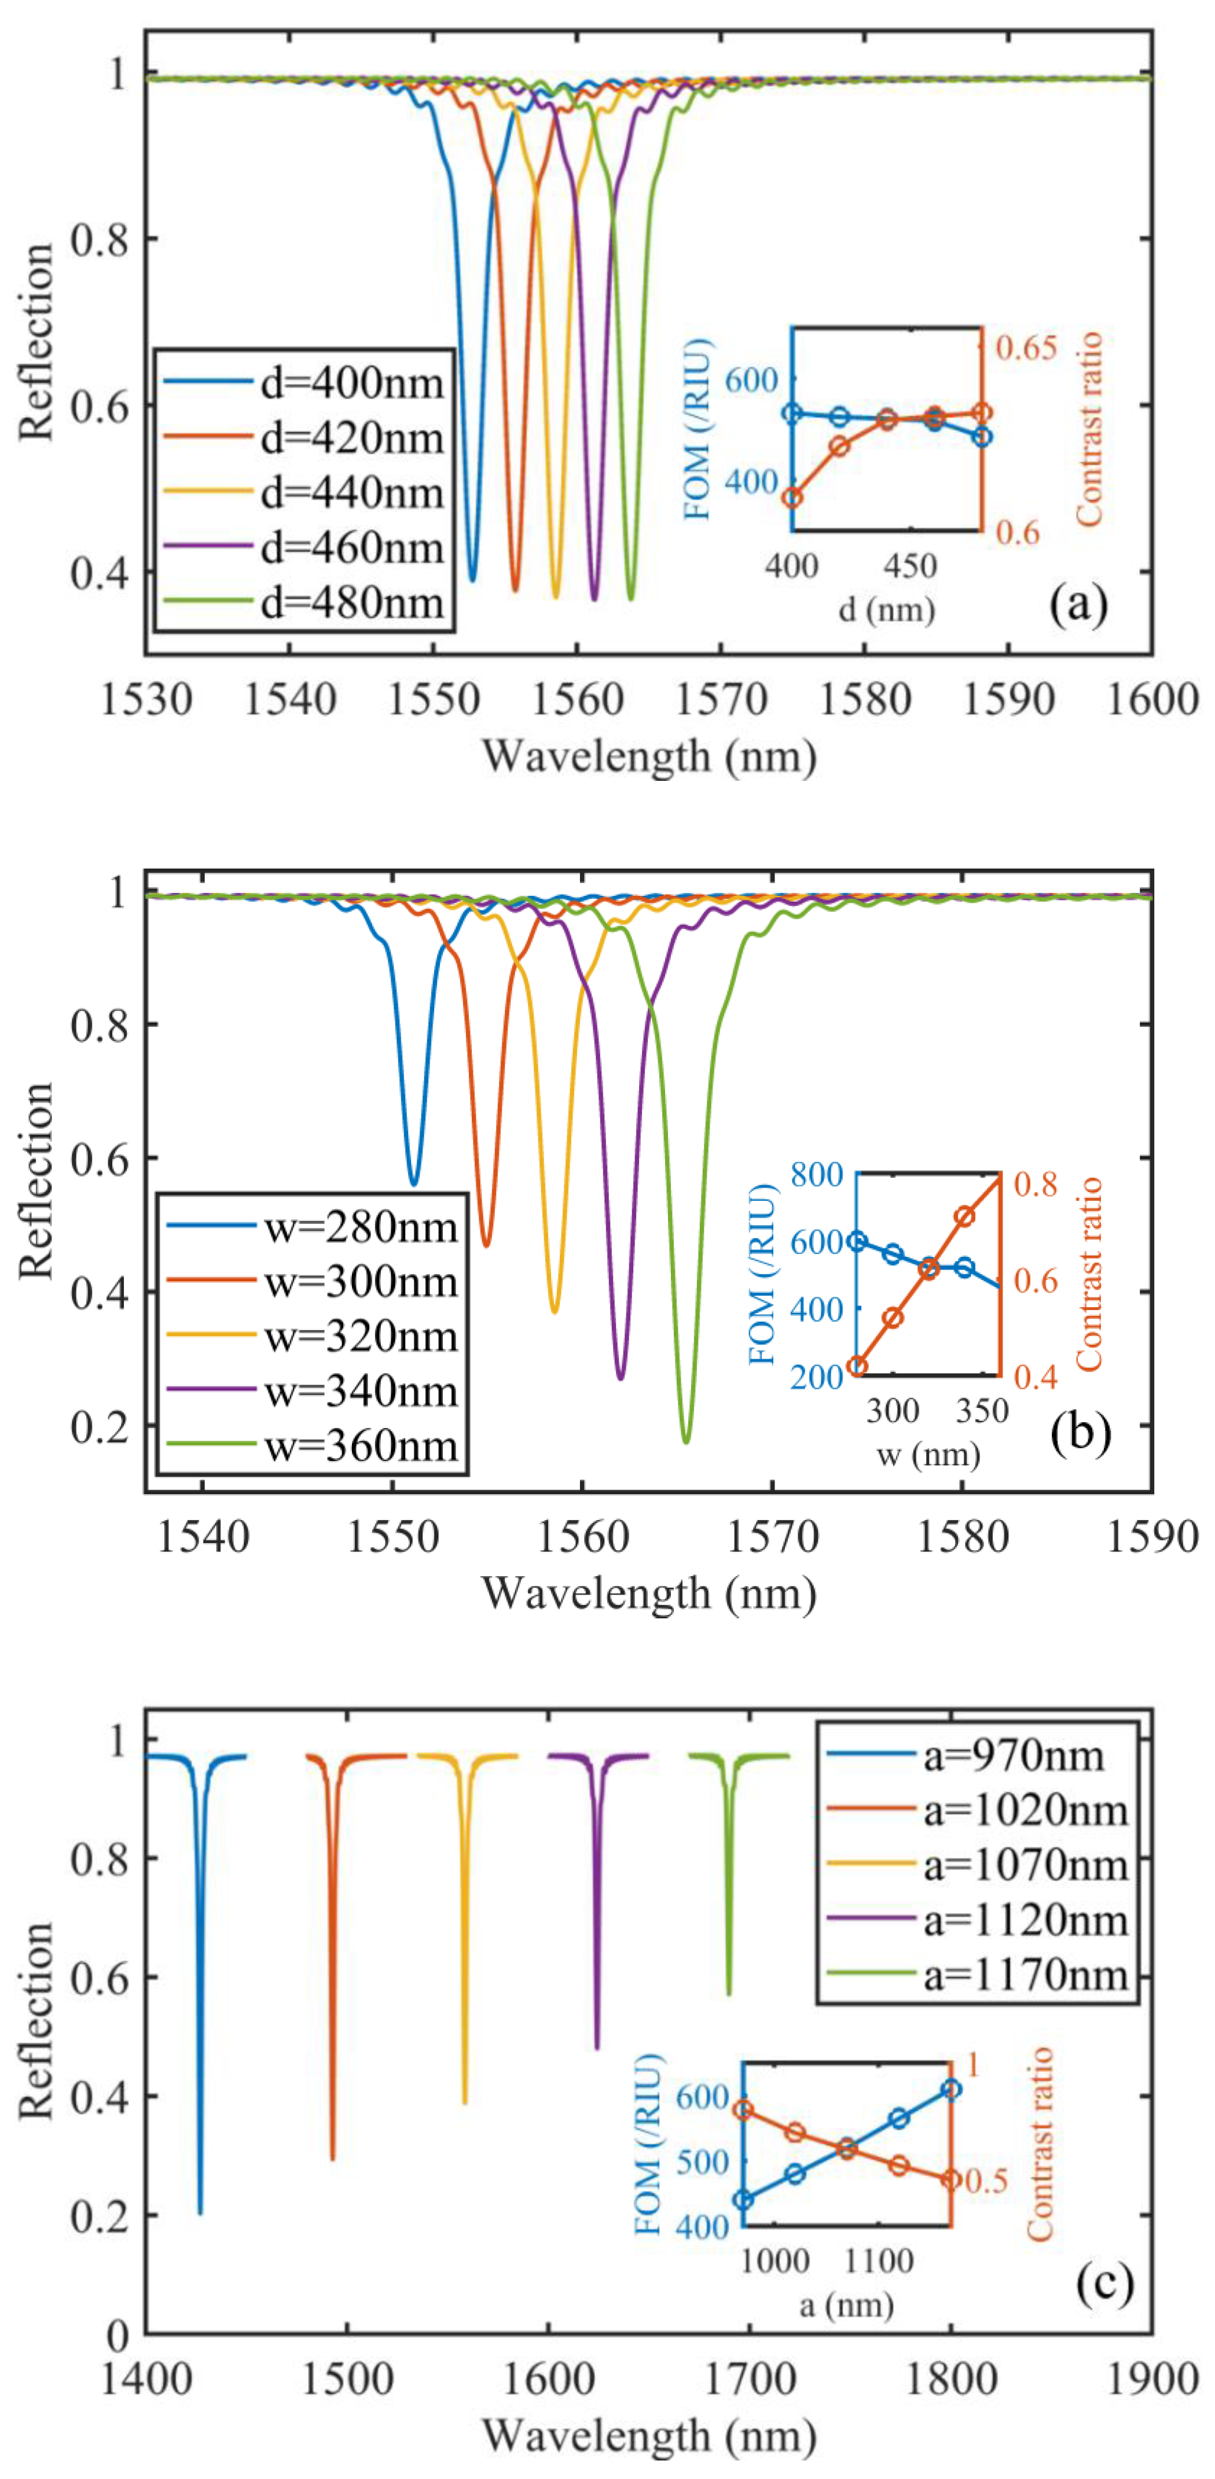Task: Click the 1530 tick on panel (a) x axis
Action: tap(146, 700)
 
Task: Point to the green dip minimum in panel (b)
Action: tap(685, 1441)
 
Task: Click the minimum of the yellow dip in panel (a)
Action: tap(556, 597)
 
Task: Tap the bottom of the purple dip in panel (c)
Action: tap(597, 2046)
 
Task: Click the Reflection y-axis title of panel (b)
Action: tap(36, 1181)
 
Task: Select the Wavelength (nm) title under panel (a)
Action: tap(648, 757)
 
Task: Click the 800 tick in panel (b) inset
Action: tap(816, 1174)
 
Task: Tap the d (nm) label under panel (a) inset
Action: tap(886, 609)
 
